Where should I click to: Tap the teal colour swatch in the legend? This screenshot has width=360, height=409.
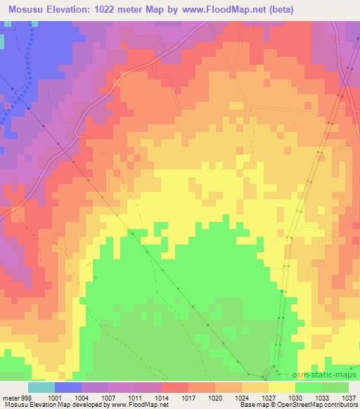41,387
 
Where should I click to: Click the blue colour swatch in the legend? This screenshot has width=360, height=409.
68,387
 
